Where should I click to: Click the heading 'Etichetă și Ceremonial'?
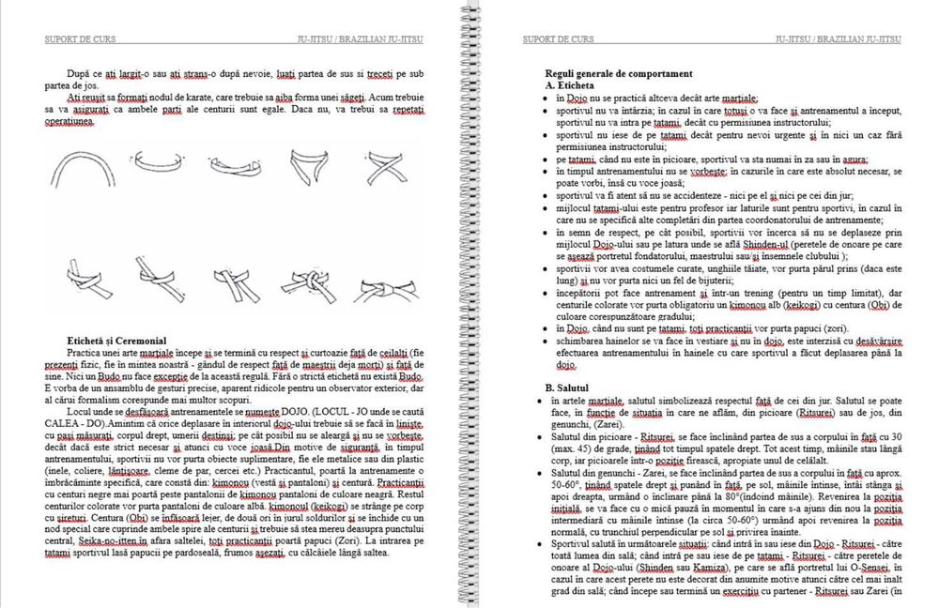click(116, 340)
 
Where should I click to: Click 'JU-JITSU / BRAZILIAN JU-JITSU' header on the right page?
click(839, 39)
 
